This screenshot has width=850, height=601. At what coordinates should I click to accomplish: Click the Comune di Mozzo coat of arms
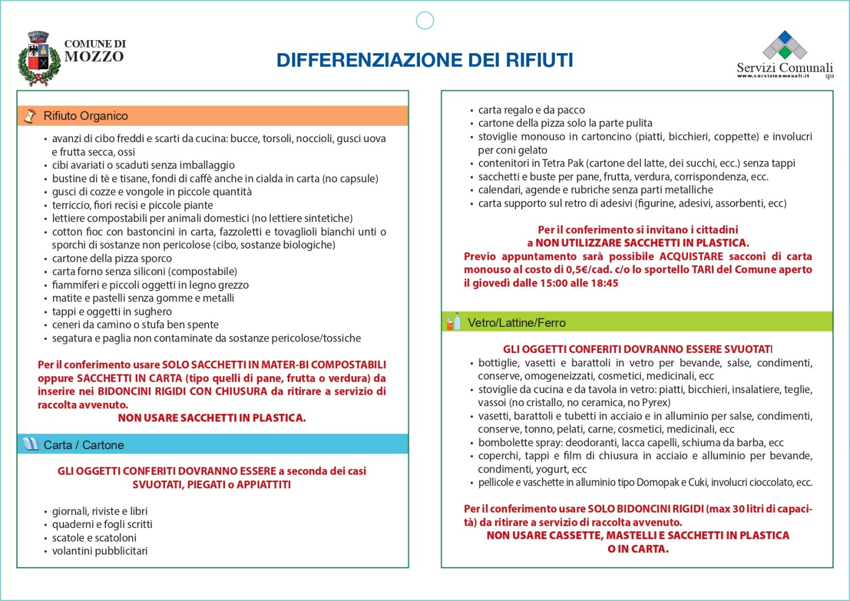coord(39,59)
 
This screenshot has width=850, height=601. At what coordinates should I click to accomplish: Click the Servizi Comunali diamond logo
coord(785,45)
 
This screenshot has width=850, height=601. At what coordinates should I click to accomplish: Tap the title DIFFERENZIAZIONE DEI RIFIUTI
coord(424,60)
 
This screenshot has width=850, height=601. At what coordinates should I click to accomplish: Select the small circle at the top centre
coord(424,20)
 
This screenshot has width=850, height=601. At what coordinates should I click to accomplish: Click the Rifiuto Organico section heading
coord(86,116)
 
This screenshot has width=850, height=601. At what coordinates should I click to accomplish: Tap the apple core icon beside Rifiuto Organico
coord(30,116)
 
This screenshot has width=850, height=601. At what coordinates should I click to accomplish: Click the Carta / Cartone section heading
coord(83,445)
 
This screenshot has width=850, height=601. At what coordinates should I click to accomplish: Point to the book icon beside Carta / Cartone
coord(31,444)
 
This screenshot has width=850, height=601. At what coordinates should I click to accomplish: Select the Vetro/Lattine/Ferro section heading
coord(516,323)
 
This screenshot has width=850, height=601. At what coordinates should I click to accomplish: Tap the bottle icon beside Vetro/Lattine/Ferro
coord(453,322)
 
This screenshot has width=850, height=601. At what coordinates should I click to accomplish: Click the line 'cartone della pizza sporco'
coord(112,258)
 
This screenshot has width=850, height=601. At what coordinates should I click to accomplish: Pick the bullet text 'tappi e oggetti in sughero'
coord(112,312)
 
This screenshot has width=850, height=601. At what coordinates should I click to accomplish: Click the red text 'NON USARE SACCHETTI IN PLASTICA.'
coord(211,418)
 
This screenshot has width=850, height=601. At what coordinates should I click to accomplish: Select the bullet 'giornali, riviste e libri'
coord(100,511)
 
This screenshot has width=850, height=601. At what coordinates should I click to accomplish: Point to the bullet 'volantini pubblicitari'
coord(100,551)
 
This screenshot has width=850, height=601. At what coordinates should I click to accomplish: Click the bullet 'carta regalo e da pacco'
coord(531,110)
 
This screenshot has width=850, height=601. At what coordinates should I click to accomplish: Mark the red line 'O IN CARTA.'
coord(637,549)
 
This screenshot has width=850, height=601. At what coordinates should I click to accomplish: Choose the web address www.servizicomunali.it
coord(773,76)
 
